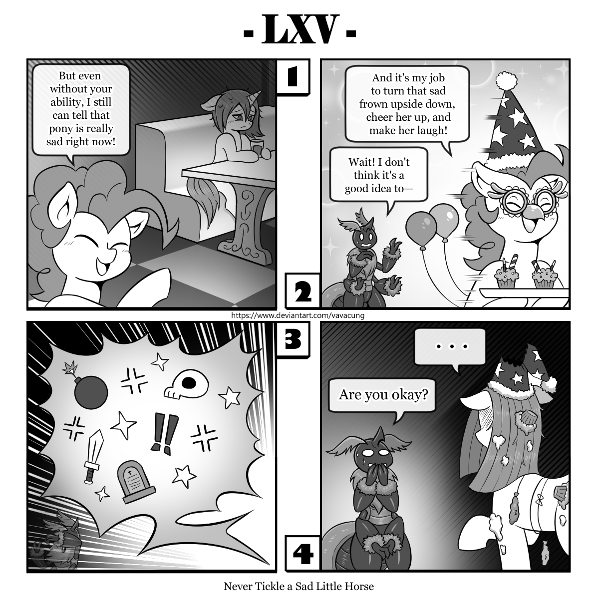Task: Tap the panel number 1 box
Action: [x=293, y=77]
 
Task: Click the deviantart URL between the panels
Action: [x=298, y=315]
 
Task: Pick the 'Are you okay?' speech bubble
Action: [x=383, y=395]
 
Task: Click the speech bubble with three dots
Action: [x=451, y=346]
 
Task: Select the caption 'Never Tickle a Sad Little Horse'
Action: [x=299, y=586]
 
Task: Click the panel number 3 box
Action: [x=293, y=340]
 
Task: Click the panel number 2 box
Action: [x=302, y=292]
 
